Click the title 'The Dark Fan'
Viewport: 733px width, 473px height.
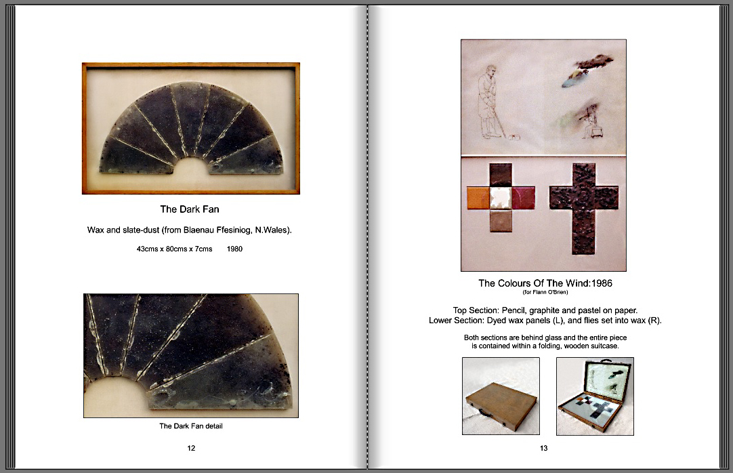[x=189, y=209]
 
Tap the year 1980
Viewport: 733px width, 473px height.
[x=234, y=249]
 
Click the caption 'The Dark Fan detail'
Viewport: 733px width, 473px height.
[x=191, y=426]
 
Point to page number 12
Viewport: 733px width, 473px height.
[x=191, y=448]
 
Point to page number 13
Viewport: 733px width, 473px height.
[x=544, y=448]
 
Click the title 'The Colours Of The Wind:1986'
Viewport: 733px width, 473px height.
[x=545, y=283]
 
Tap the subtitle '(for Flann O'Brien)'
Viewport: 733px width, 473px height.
[x=545, y=293]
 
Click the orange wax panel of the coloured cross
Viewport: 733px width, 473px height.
[x=478, y=198]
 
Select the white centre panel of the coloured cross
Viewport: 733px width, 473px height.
[x=501, y=198]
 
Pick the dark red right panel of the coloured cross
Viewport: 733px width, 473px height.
[x=524, y=198]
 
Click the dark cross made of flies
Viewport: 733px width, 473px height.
[x=584, y=209]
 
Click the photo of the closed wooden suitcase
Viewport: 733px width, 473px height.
[x=501, y=396]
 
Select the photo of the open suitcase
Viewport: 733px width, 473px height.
[x=595, y=396]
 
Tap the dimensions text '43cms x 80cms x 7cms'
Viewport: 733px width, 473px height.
[x=174, y=249]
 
